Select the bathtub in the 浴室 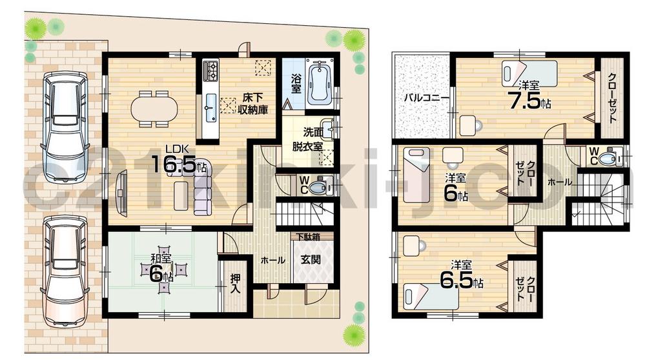tap(319, 84)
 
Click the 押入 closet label tap(236, 284)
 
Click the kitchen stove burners tap(212, 68)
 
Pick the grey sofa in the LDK tap(201, 187)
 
